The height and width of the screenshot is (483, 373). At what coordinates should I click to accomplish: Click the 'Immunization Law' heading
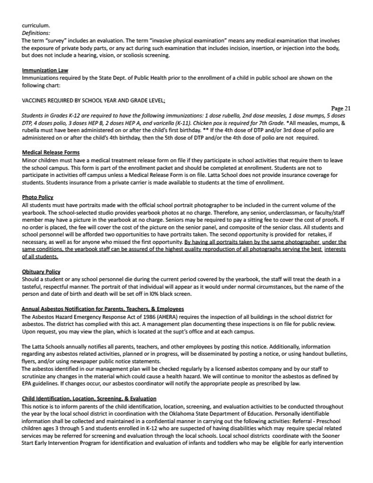click(45, 71)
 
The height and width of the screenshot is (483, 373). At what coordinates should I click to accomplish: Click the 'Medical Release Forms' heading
click(51, 152)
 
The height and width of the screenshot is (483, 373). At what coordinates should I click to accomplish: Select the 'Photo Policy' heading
click(38, 197)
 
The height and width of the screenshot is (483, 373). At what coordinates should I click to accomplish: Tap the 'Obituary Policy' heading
click(41, 272)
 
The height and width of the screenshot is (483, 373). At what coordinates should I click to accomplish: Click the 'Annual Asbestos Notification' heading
click(103, 309)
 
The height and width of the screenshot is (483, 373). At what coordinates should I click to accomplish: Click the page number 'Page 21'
click(341, 108)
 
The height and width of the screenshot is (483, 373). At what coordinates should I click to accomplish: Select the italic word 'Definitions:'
click(36, 33)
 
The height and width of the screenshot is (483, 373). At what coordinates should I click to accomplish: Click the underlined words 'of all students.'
click(40, 257)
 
